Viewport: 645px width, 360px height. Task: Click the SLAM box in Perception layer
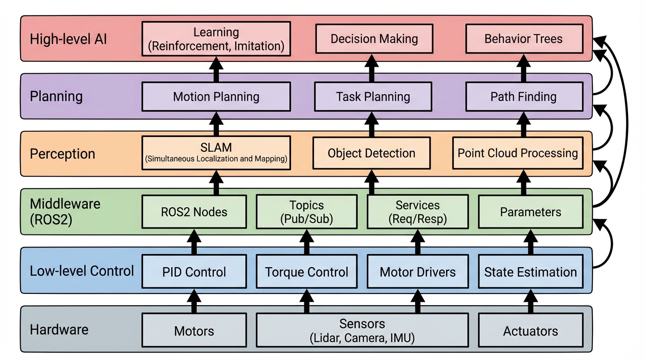pyautogui.click(x=216, y=153)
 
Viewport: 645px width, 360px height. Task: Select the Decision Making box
pyautogui.click(x=374, y=38)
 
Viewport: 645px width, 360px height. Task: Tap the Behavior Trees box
pyautogui.click(x=524, y=38)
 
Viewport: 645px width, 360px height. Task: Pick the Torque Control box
pyautogui.click(x=307, y=272)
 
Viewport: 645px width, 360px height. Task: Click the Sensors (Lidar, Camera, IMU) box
pyautogui.click(x=362, y=330)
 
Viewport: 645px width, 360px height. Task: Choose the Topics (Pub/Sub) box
pyautogui.click(x=307, y=212)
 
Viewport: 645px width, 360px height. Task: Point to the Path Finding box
pyautogui.click(x=524, y=97)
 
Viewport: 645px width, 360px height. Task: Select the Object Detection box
pyautogui.click(x=371, y=153)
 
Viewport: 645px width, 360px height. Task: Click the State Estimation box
pyautogui.click(x=530, y=272)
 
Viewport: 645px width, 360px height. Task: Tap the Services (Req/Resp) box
pyautogui.click(x=417, y=212)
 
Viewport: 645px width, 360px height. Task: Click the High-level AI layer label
pyautogui.click(x=68, y=38)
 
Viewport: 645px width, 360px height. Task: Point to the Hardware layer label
pyautogui.click(x=59, y=329)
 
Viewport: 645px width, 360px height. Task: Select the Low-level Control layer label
pyautogui.click(x=82, y=271)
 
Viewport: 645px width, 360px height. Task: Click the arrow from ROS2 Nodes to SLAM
pyautogui.click(x=216, y=183)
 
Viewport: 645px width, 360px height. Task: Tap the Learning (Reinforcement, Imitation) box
pyautogui.click(x=216, y=38)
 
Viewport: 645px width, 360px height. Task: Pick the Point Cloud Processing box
pyautogui.click(x=517, y=153)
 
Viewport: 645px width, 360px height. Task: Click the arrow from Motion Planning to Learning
pyautogui.click(x=216, y=68)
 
